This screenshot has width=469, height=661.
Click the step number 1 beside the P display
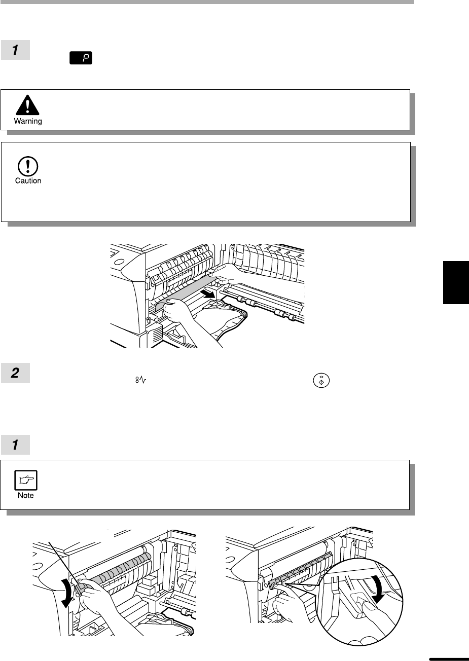click(x=15, y=50)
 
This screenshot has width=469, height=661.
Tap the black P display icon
click(x=81, y=58)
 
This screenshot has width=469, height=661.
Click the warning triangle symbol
click(x=27, y=105)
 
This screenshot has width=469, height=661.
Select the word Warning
click(x=28, y=121)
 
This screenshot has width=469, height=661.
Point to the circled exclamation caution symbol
click(x=28, y=166)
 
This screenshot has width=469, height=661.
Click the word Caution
click(x=28, y=180)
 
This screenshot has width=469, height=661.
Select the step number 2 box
click(x=15, y=373)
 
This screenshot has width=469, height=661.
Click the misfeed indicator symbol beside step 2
click(x=141, y=380)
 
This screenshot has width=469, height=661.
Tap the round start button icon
click(x=321, y=380)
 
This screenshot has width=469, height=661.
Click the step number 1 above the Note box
click(x=15, y=445)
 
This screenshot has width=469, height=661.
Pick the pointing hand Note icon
click(x=26, y=480)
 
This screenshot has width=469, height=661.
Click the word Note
click(x=26, y=495)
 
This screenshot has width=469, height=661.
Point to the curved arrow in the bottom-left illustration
click(x=67, y=594)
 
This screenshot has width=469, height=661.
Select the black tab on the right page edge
click(x=456, y=282)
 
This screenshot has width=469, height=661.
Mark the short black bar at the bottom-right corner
click(x=449, y=659)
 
